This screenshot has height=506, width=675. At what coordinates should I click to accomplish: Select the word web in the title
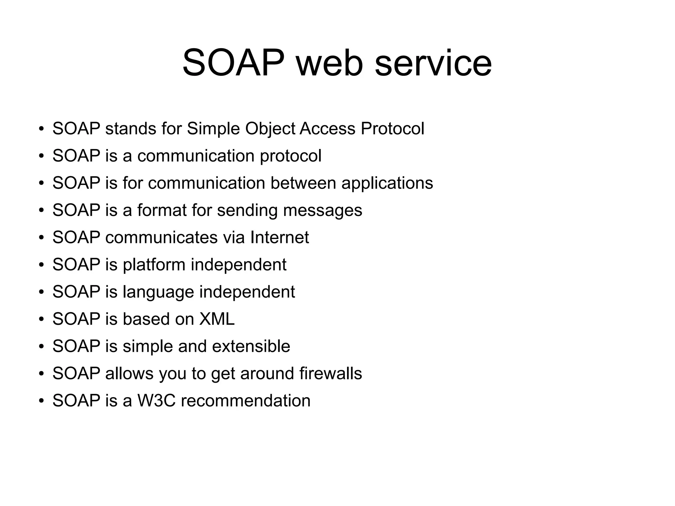pos(330,63)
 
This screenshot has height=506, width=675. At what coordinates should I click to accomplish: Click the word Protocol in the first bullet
pos(392,128)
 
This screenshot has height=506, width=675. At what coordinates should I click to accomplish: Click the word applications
pos(387,184)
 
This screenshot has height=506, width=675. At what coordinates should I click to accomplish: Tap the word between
pos(303,183)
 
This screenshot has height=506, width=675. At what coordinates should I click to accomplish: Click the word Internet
pos(279,237)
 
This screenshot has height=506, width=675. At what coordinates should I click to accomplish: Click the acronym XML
pos(217,319)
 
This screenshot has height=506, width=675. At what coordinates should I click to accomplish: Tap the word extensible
pos(251,346)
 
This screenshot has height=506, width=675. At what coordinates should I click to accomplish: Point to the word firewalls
pos(331,373)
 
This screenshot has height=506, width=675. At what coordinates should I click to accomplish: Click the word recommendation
pos(246,401)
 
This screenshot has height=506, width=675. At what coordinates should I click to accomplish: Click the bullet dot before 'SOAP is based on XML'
pos(41,319)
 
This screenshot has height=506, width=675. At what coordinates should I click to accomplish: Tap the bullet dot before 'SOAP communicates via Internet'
pos(41,238)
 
